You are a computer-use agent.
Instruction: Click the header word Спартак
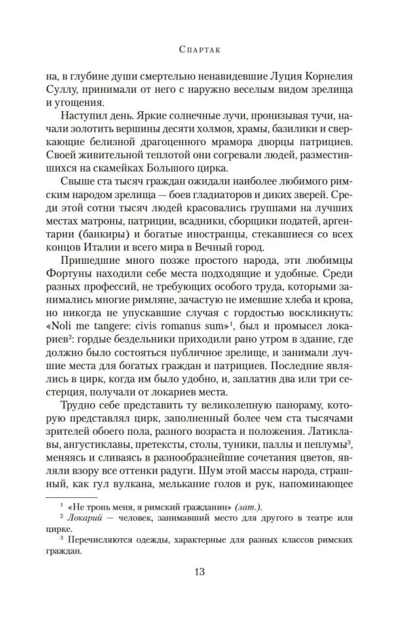[208, 47]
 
